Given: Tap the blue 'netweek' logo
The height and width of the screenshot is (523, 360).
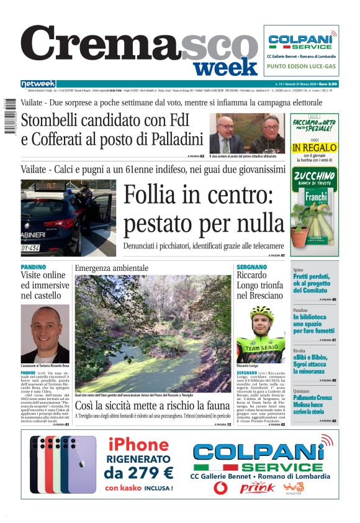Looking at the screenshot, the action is click(38, 84).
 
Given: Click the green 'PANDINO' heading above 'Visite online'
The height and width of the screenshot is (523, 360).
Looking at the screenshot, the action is click(34, 267).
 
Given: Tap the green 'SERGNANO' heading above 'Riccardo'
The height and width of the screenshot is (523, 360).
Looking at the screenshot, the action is click(251, 267).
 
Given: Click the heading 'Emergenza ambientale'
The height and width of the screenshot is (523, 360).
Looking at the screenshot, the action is click(112, 268).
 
